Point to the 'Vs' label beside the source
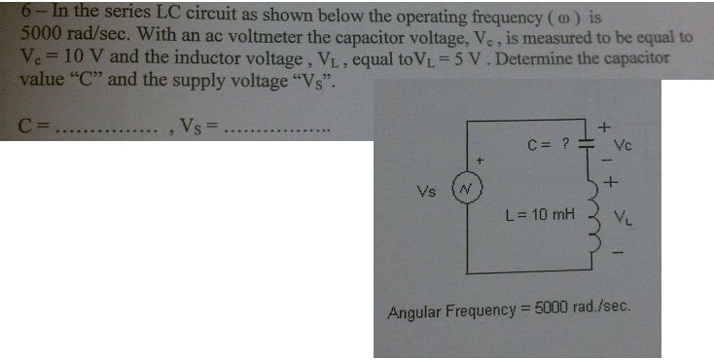[x=426, y=191]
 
